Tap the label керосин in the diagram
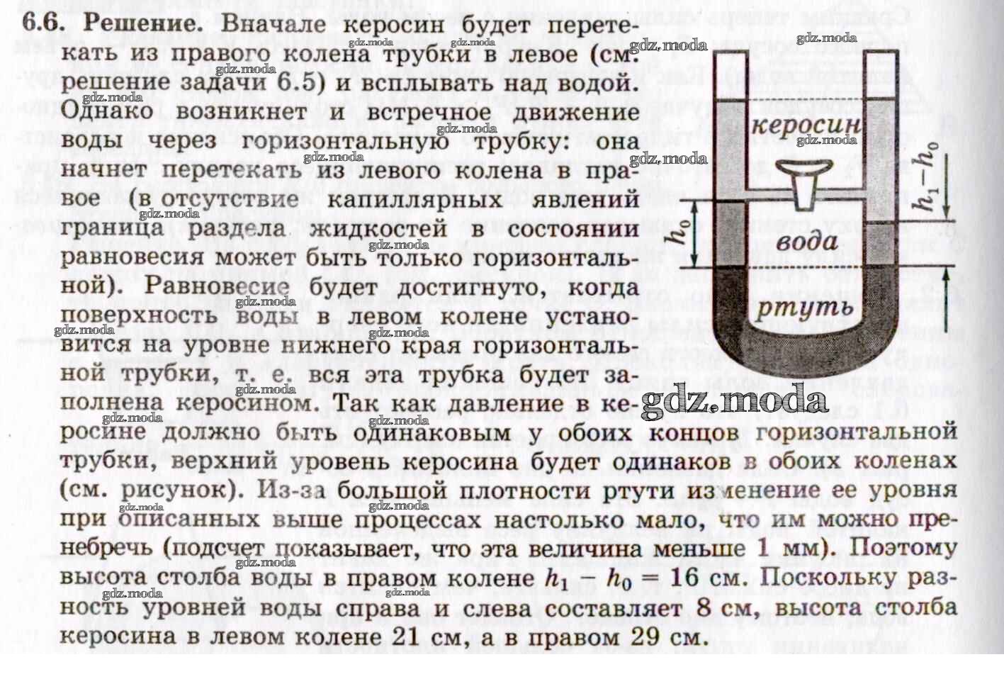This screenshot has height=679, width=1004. (x=806, y=127)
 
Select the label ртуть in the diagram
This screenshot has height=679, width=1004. (x=805, y=308)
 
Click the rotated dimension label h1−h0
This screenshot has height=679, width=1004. (x=925, y=175)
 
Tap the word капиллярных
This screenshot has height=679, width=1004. (x=414, y=199)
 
